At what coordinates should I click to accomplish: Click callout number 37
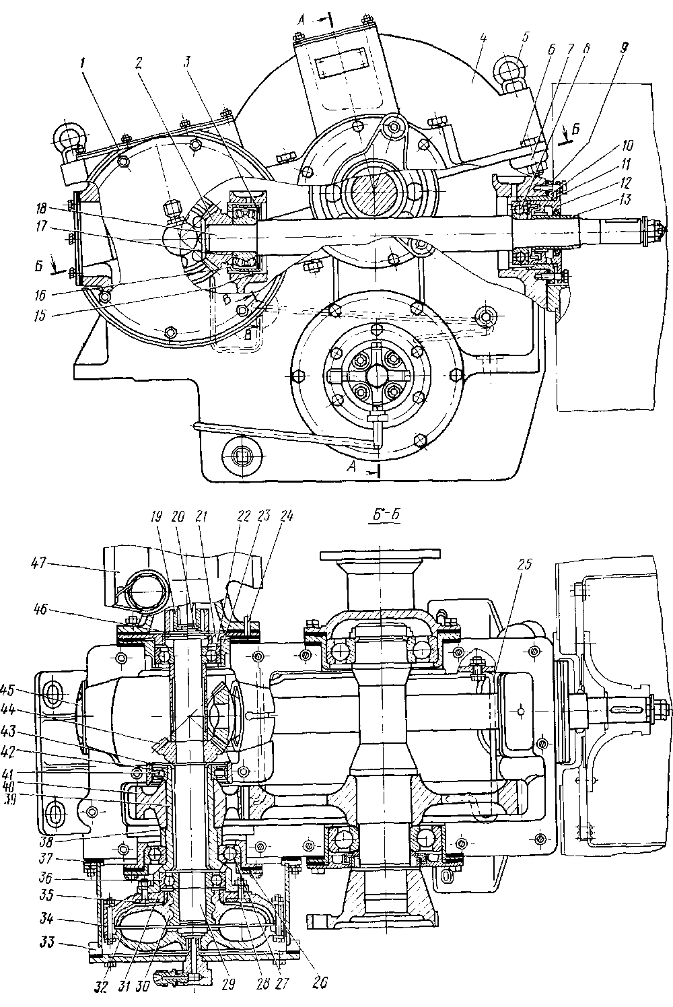65,859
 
